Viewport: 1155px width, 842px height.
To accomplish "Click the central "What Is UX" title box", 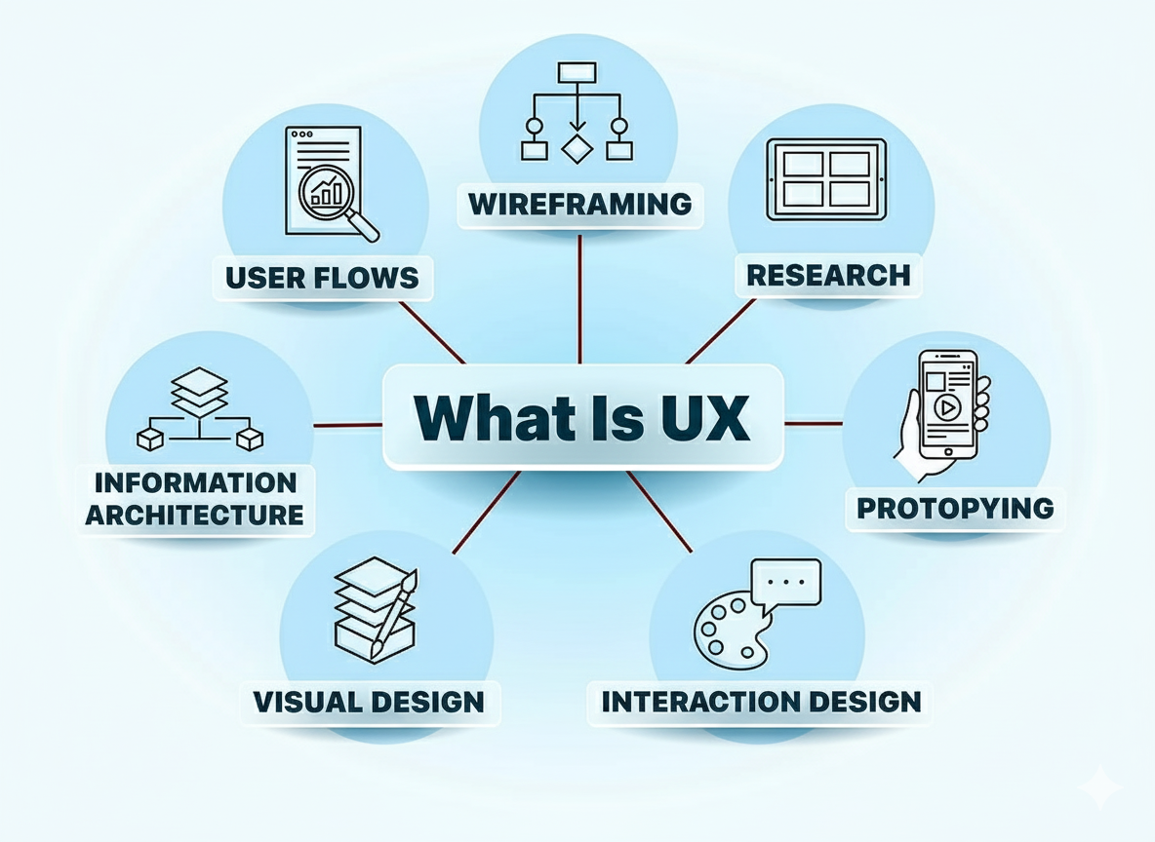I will (582, 417).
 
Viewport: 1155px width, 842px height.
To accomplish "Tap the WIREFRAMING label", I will (579, 205).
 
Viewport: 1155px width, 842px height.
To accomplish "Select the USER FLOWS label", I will (322, 278).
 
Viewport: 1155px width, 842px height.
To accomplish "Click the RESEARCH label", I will (828, 275).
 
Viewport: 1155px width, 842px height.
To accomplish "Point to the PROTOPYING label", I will (955, 508).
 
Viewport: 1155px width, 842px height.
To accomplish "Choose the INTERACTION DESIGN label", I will (761, 702).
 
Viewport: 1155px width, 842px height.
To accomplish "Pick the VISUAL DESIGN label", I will (369, 702).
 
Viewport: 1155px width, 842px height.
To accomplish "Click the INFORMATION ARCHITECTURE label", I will (194, 499).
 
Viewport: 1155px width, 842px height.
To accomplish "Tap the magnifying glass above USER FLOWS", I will (337, 198).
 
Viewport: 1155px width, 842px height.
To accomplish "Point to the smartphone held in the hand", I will (946, 404).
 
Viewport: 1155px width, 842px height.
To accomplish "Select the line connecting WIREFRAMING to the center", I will (579, 297).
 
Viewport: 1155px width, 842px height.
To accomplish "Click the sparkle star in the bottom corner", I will (1100, 786).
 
